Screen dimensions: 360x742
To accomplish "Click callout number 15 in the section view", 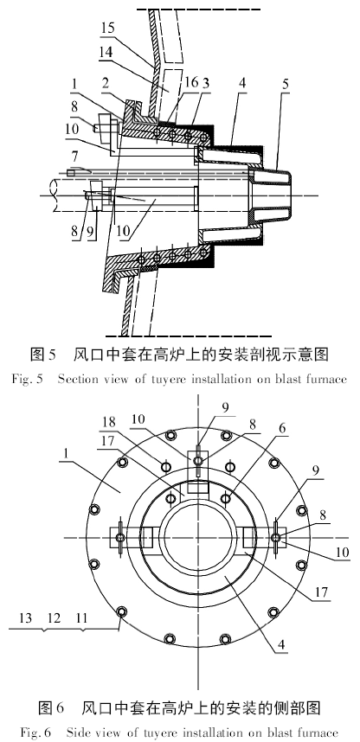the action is click(x=107, y=28).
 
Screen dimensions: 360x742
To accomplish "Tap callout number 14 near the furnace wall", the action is click(x=106, y=52).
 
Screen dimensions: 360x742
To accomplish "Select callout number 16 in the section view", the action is click(x=191, y=82).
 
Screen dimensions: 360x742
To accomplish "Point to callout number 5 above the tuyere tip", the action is click(x=285, y=85).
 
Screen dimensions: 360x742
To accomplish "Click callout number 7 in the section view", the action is click(x=74, y=156).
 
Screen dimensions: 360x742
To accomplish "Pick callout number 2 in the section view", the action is click(x=106, y=83).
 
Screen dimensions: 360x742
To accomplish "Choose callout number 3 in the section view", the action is click(x=205, y=82).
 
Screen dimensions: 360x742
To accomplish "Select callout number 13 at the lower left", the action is click(x=26, y=617).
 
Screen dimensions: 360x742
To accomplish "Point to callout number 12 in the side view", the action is click(x=54, y=617).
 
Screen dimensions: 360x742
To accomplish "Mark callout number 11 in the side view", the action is click(x=81, y=617).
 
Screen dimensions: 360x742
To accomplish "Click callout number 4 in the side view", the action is click(x=282, y=643).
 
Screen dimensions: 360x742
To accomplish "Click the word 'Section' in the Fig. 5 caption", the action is click(x=78, y=379).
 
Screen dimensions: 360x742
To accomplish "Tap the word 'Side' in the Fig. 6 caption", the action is click(x=77, y=732).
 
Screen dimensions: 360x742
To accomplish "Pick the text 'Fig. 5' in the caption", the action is click(x=27, y=379).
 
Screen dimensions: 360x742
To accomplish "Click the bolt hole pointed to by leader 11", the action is click(x=122, y=612).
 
